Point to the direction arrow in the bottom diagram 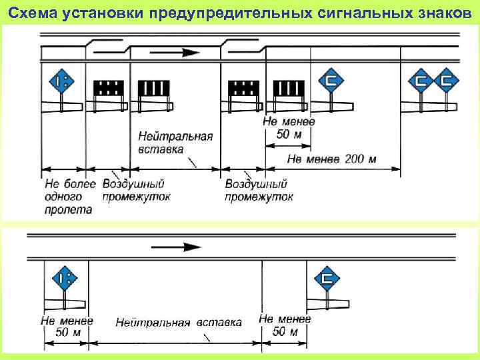tap(177, 247)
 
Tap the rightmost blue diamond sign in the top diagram tap(447, 81)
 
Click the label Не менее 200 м tap(333, 159)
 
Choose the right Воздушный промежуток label tap(259, 190)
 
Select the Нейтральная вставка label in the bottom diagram tap(179, 323)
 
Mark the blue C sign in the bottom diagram tap(327, 277)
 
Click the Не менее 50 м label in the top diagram tap(287, 129)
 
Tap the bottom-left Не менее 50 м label tap(67, 326)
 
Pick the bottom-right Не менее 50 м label tap(285, 325)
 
